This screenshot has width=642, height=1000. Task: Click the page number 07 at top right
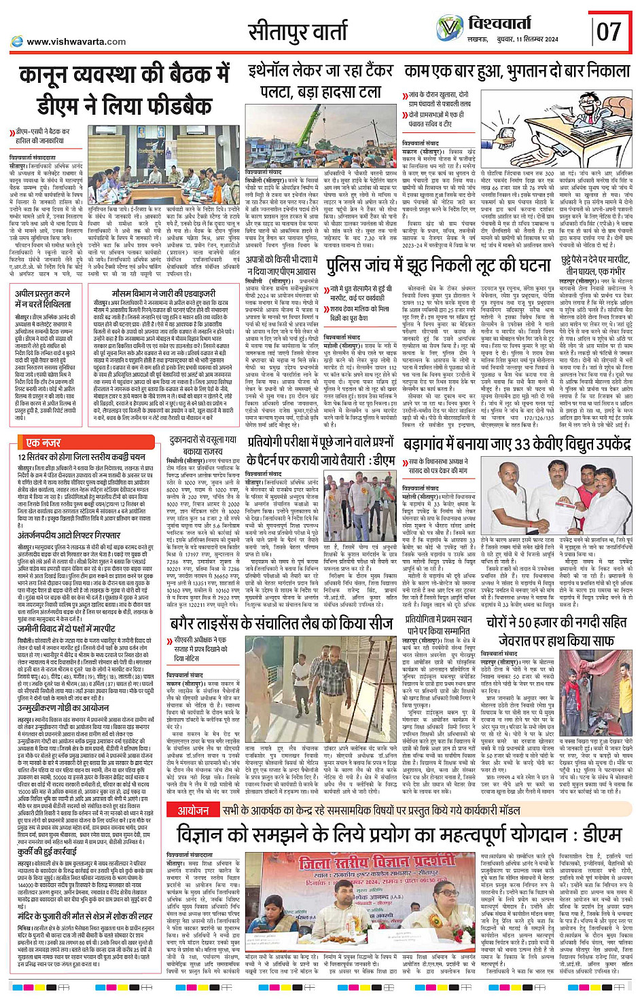pos(609,31)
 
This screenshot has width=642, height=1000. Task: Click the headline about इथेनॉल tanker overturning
pos(320,80)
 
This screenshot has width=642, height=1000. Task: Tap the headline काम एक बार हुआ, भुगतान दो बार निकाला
pos(517,71)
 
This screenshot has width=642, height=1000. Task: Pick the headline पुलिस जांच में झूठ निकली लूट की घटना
pos(438,266)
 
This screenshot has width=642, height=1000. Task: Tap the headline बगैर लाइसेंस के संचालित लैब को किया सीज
pos(281,623)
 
